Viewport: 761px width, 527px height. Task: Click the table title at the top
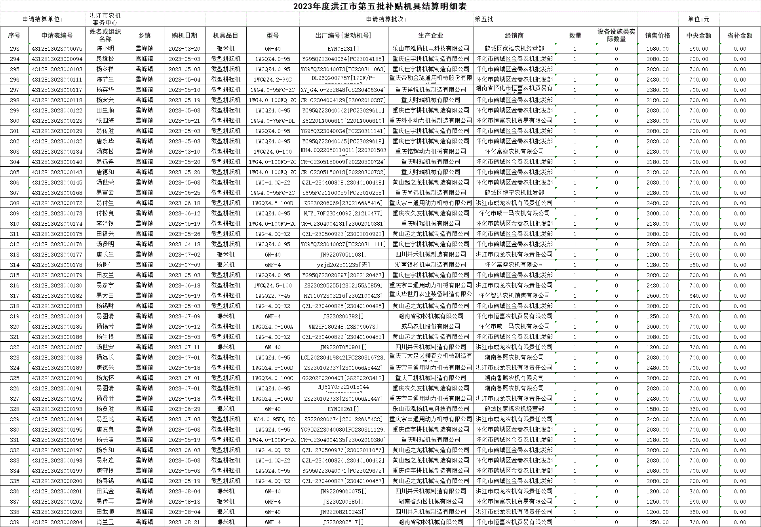380,6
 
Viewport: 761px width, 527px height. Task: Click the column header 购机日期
184,35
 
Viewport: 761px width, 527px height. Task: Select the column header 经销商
514,35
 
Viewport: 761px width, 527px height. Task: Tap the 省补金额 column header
740,35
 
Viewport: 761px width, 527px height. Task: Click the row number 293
15,49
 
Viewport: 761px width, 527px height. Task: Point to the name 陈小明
105,49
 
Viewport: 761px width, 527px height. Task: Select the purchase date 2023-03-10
184,152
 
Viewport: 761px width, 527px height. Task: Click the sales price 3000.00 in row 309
657,213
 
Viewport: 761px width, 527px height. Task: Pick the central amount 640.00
698,296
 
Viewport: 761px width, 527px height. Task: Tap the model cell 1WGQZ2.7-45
272,296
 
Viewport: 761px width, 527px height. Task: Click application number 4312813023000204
57,522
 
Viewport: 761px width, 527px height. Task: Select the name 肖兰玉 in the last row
105,522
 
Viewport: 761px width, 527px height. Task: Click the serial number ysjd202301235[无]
343,265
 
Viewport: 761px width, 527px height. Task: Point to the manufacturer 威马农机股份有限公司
430,327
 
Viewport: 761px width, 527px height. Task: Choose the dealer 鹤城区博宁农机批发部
514,193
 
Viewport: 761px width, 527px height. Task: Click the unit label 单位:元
698,19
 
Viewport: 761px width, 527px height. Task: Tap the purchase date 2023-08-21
184,522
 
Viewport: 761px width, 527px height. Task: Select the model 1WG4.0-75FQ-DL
272,121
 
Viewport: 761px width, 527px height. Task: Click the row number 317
15,296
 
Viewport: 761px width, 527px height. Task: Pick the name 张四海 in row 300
105,121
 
